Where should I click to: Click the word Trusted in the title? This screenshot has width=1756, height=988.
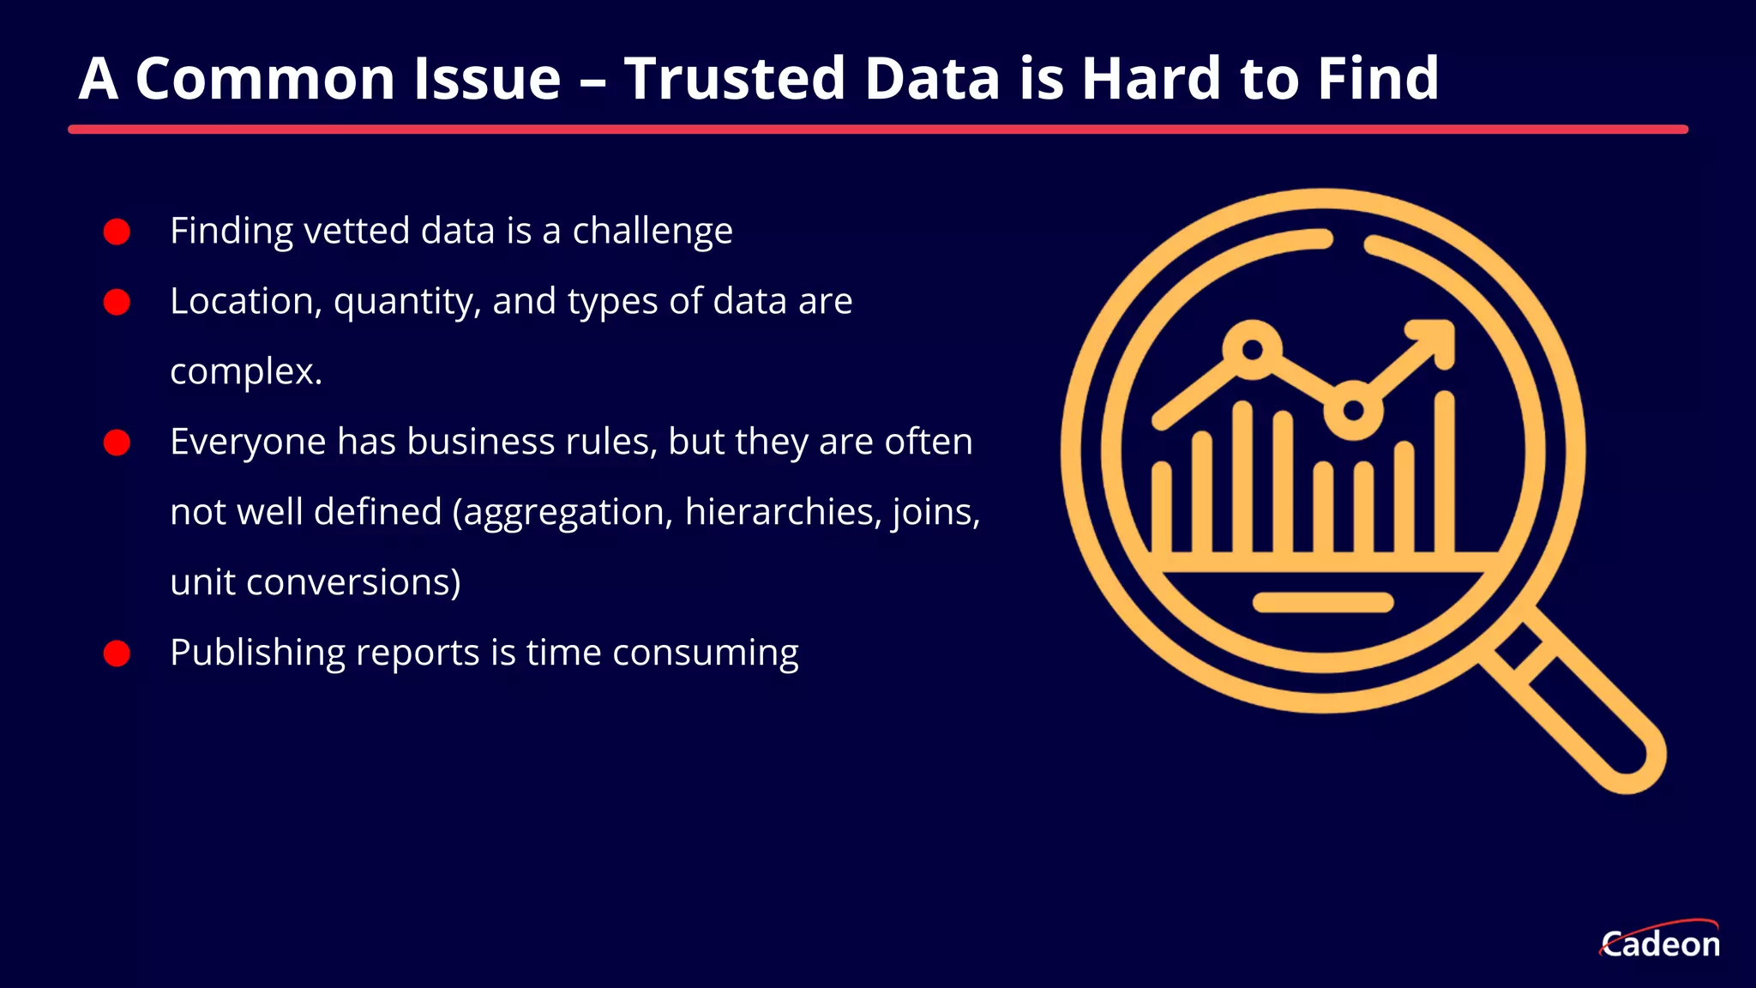[735, 79]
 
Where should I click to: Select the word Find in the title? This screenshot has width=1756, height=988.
[1378, 79]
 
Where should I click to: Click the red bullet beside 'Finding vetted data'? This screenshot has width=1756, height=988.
[117, 232]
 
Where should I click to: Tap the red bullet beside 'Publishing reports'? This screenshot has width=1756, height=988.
[117, 654]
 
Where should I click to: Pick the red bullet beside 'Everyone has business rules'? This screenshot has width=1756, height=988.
[117, 443]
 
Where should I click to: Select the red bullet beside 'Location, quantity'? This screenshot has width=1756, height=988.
[117, 302]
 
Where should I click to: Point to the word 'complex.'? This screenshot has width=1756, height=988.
[246, 372]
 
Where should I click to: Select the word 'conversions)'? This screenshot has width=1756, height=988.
[353, 583]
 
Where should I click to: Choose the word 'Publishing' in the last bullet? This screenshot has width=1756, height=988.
[257, 654]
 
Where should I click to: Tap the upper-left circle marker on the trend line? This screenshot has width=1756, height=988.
[1253, 349]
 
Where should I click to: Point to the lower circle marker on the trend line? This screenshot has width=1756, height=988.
[1353, 410]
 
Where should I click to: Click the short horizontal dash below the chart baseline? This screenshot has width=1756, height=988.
[1323, 602]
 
